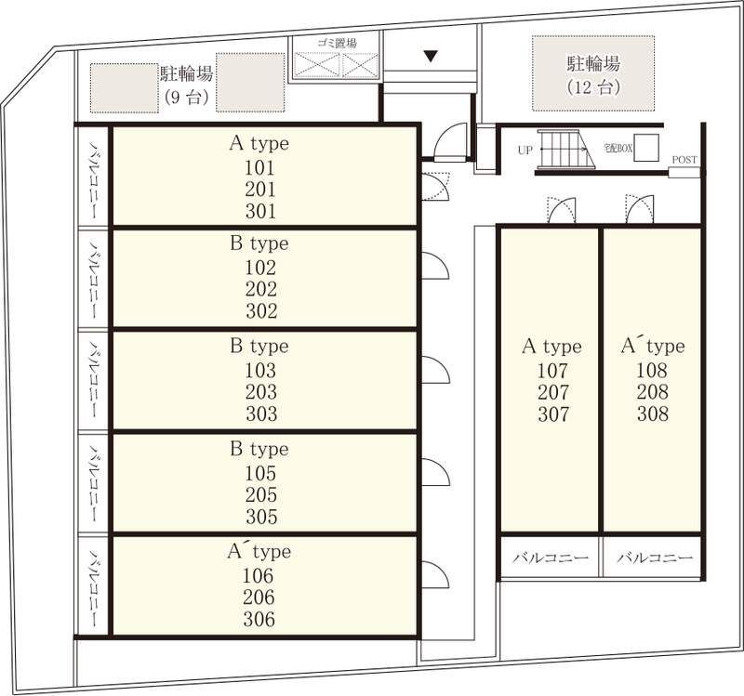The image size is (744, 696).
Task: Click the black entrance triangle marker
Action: [x=431, y=57]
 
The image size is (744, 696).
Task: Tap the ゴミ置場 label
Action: [x=337, y=44]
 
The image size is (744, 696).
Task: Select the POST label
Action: [x=684, y=160]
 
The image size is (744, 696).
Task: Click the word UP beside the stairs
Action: [x=525, y=151]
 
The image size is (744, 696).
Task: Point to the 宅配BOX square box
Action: [x=646, y=148]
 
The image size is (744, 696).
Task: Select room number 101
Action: [x=260, y=168]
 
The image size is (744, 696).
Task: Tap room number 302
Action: [x=261, y=311]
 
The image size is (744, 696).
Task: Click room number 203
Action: [x=261, y=392]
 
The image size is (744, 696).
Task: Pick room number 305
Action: [x=261, y=517]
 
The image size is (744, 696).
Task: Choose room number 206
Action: [x=259, y=597]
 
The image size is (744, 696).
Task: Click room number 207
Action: [x=552, y=392]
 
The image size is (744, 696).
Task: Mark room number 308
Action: [x=653, y=414]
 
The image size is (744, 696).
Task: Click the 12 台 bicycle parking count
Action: [x=593, y=87]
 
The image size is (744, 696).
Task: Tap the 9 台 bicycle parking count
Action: [x=187, y=98]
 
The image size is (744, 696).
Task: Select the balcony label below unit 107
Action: [x=551, y=558]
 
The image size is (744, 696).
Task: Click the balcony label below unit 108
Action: [x=655, y=558]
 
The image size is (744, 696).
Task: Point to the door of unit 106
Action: [x=436, y=574]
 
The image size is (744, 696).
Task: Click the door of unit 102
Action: [x=436, y=266]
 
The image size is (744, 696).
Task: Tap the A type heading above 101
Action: [x=259, y=143]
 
